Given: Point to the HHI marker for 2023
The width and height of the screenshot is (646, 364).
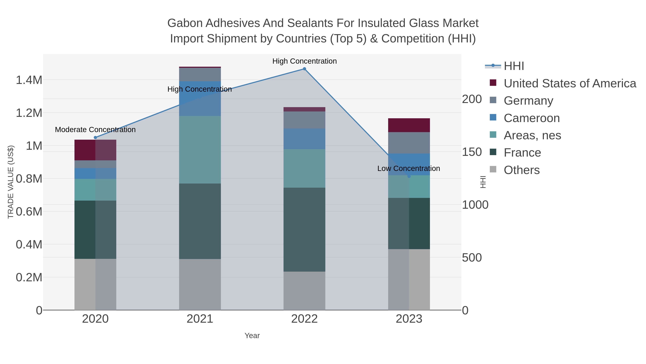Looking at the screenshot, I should point(409,176).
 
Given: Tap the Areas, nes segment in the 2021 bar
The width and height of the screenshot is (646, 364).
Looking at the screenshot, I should point(200,150).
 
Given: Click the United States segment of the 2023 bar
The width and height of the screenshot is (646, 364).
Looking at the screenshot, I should point(409,125).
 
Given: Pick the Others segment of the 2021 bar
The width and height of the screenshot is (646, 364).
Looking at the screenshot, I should point(200,284).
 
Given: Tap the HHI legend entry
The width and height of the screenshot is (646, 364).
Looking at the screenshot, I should point(513,66).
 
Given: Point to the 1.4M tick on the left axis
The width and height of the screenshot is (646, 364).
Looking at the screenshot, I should point(29,80).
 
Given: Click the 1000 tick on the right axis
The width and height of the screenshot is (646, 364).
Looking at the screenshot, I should point(475,205).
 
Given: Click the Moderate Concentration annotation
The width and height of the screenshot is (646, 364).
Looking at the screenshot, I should point(95,130).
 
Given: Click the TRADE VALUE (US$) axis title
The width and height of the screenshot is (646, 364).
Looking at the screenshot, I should point(11,182).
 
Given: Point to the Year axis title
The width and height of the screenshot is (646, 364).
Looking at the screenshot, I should point(252,336).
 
